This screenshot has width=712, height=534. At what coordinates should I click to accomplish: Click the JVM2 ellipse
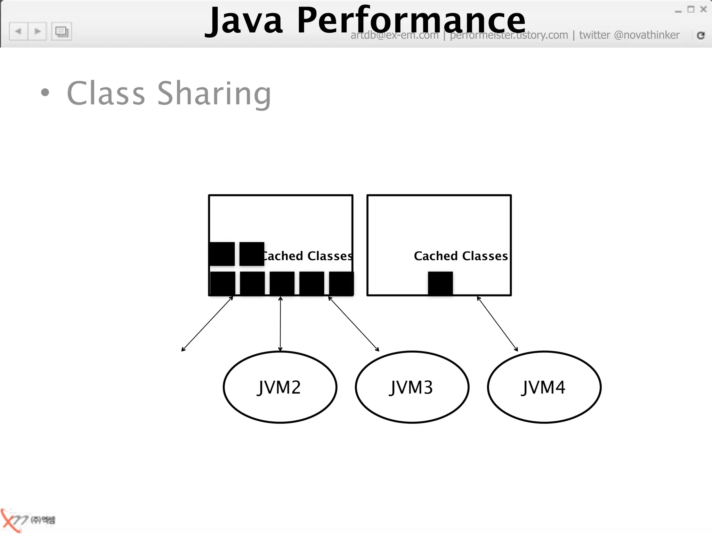280,387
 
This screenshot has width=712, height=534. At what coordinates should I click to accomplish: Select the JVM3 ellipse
412,387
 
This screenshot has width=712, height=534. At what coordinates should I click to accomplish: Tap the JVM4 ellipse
544,387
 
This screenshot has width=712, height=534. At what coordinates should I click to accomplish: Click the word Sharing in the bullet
214,93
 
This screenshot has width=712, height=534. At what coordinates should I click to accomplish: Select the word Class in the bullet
106,93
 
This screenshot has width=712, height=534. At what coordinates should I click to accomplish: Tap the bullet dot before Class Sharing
45,92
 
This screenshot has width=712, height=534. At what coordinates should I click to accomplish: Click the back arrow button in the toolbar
18,32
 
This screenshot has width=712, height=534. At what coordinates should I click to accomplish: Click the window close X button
703,9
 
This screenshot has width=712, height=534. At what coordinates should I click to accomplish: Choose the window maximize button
691,9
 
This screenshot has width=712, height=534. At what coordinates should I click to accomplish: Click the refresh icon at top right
701,35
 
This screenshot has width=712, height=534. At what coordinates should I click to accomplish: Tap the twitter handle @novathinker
646,35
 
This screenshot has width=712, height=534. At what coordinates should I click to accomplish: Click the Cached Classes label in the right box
461,256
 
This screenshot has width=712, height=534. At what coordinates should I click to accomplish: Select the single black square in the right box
440,283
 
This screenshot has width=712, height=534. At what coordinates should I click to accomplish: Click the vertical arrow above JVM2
280,323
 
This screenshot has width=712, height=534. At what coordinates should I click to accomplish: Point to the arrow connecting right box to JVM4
497,324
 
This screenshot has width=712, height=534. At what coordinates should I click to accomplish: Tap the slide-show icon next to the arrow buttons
62,32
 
